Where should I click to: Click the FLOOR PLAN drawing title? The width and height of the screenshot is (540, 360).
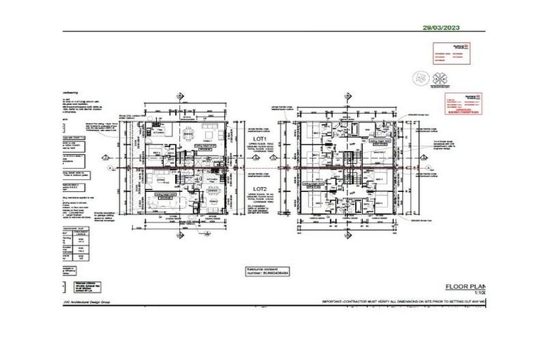[466, 286]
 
